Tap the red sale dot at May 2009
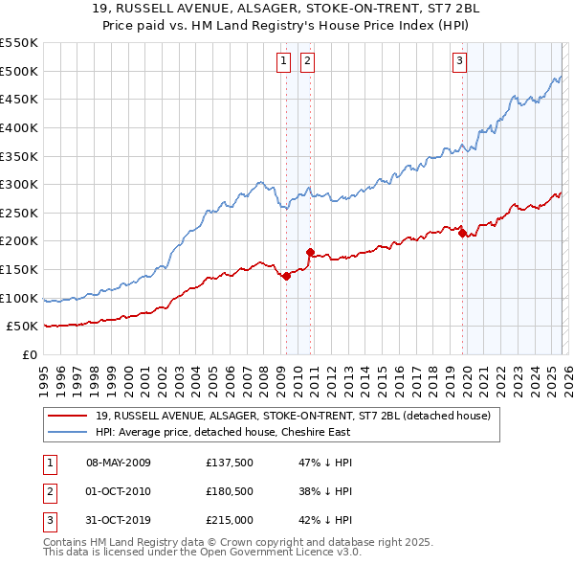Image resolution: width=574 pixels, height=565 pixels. coord(286,276)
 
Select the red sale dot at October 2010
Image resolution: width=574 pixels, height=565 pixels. coord(310,252)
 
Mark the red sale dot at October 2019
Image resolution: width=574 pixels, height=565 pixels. coord(463,232)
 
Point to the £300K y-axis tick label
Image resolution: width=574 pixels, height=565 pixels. coord(19,184)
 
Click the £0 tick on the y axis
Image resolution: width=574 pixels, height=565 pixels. coord(30,354)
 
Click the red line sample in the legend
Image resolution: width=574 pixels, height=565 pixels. coord(69,416)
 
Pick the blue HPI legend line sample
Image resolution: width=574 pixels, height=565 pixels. coord(69,432)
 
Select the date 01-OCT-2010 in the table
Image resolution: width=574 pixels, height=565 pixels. coord(119,491)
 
